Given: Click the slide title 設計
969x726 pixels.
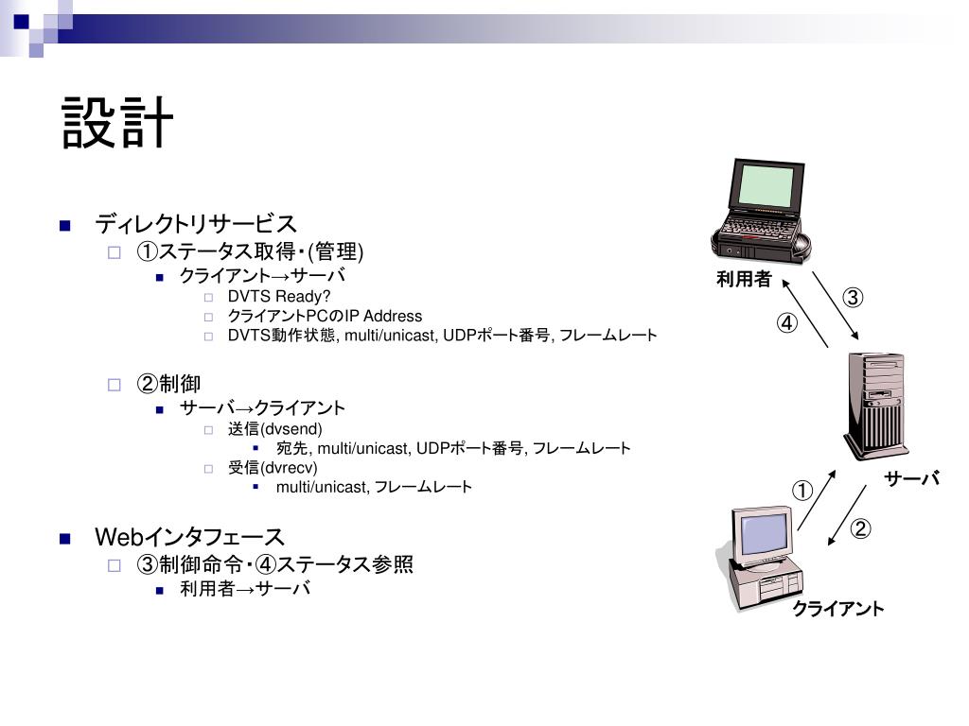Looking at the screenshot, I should point(118,123).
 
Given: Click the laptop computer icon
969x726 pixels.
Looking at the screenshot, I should point(762,212).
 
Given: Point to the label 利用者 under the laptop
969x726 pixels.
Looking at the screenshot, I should point(744,279).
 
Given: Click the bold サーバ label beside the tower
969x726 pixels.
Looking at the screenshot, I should point(912,479).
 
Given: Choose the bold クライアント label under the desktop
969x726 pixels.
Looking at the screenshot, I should point(838,609).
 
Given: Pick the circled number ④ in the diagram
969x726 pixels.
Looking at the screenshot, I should point(787,323).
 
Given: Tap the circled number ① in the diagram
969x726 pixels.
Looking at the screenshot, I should point(802,491).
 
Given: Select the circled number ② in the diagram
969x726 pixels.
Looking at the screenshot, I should point(859,529).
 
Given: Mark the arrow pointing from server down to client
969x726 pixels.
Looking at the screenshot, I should point(848,515).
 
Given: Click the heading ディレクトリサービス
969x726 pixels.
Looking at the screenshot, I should point(196,224).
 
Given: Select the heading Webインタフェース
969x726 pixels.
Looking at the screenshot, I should point(190,538).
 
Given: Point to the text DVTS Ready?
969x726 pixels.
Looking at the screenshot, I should point(279,297).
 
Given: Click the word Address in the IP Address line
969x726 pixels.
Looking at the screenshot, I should point(393,316).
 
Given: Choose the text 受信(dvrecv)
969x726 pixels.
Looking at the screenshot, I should point(273,468).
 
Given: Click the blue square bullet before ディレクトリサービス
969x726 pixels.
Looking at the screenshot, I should point(65,225).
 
